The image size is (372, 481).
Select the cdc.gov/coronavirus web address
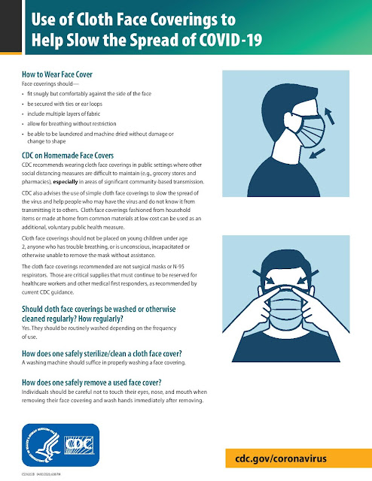pos(294,458)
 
